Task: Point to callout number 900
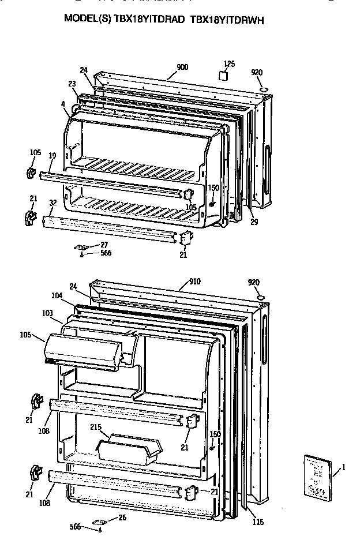tap(182, 67)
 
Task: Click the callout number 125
tap(229, 63)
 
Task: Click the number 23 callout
tap(72, 84)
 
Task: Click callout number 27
tap(104, 245)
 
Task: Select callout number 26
tap(122, 517)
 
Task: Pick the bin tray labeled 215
tap(128, 448)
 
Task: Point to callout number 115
tap(257, 522)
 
